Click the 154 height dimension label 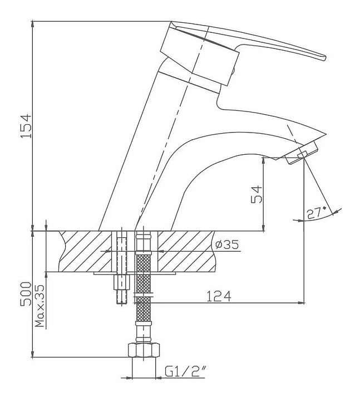tap(26, 126)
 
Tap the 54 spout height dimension tap(257, 194)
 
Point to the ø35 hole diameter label tap(227, 244)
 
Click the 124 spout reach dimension tap(219, 296)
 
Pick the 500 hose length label tap(26, 294)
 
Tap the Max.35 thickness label tap(40, 306)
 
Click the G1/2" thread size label tap(185, 371)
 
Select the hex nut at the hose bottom tap(144, 350)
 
